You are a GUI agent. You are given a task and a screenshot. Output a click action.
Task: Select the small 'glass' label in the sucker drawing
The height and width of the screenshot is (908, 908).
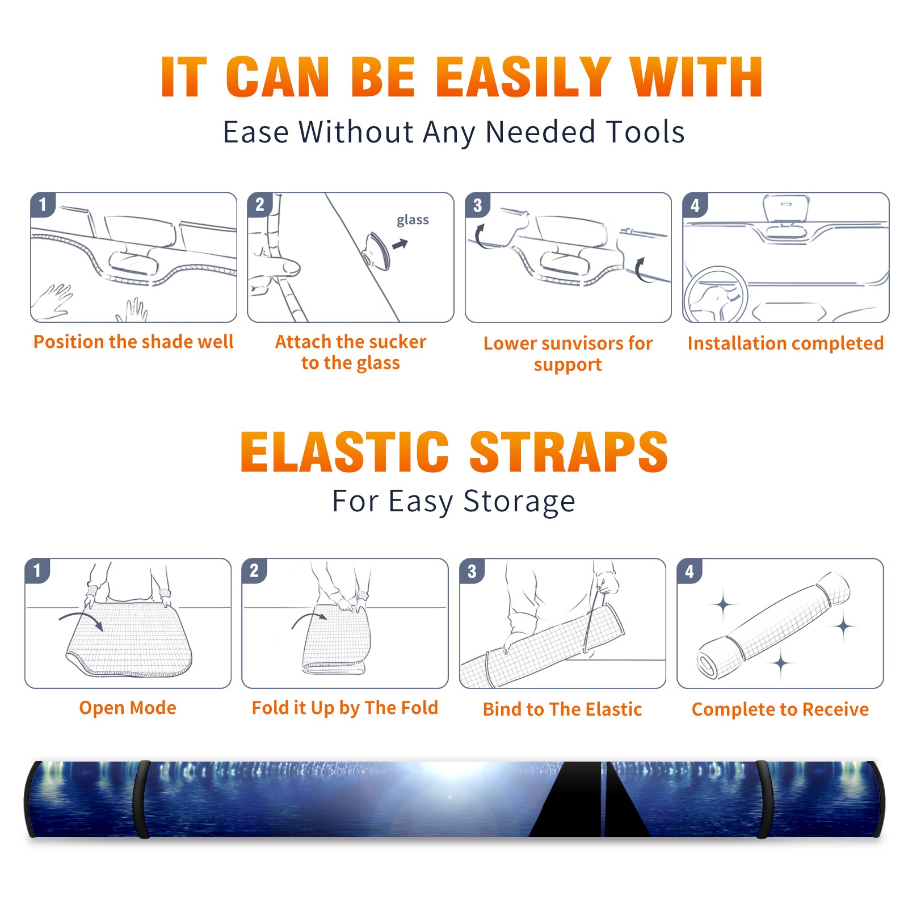click(x=413, y=220)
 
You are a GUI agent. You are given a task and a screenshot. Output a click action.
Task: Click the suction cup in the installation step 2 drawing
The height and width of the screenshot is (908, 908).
click(x=377, y=250)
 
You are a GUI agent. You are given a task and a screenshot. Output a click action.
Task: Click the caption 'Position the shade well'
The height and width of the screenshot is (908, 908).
click(x=133, y=342)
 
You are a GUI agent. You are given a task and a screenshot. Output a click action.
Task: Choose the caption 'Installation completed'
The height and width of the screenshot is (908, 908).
click(x=785, y=343)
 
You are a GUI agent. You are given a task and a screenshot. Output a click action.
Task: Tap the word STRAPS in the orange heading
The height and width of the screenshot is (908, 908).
click(x=569, y=452)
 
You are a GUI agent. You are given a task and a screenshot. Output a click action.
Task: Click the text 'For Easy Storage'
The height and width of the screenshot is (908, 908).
click(x=453, y=502)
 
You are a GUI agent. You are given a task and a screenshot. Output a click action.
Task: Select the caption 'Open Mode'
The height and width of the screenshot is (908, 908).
click(x=128, y=708)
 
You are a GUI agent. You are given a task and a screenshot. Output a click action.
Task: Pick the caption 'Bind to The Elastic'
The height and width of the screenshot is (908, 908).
click(x=562, y=709)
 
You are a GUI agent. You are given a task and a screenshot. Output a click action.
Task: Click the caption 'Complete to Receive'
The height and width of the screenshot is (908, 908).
click(x=780, y=709)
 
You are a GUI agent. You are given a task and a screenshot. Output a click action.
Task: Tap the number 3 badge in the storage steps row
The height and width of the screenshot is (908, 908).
click(x=472, y=571)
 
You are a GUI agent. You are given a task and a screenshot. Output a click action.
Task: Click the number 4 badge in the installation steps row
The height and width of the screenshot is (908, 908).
click(x=695, y=205)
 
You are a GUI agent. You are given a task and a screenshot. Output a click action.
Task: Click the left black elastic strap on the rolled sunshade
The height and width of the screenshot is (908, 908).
click(x=141, y=799)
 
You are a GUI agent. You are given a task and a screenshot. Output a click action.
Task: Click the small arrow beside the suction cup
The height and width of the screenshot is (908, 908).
click(x=401, y=244)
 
